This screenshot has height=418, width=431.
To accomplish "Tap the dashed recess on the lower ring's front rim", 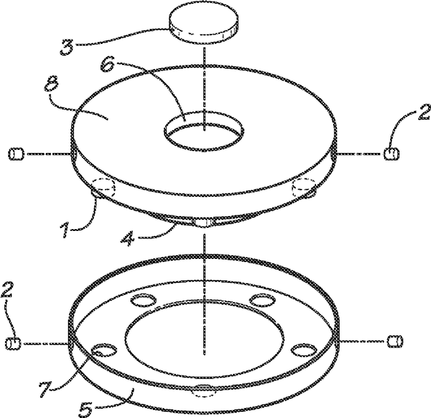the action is [202, 391].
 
